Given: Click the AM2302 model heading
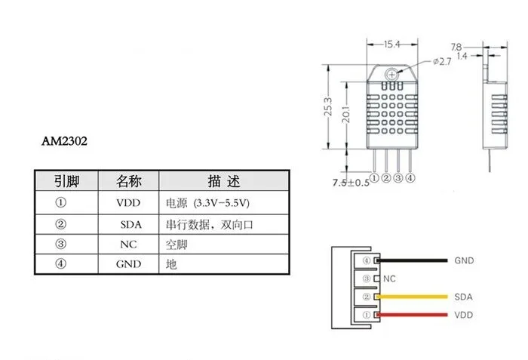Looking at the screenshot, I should [x=67, y=141].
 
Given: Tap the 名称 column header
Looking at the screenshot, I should [x=128, y=182].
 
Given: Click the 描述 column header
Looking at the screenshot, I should [x=223, y=182].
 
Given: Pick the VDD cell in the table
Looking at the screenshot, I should [x=128, y=203].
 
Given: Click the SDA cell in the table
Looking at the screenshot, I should [x=130, y=224].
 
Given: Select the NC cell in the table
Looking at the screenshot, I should [x=127, y=245].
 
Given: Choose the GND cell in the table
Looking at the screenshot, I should [x=128, y=265].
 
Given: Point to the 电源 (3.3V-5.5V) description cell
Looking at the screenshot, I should [x=207, y=203].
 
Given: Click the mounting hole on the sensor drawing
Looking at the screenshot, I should [x=392, y=74].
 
